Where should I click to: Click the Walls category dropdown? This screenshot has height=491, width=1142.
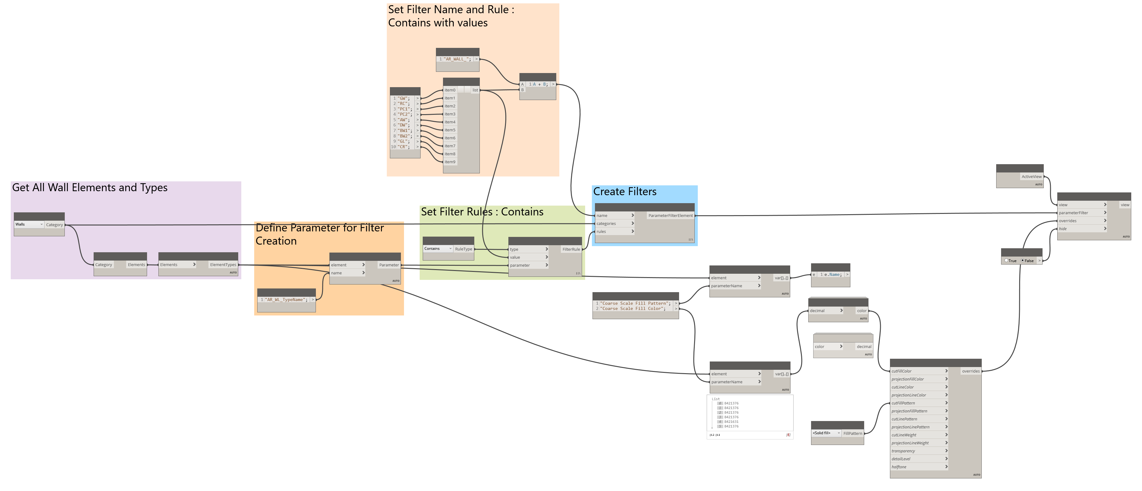(29, 224)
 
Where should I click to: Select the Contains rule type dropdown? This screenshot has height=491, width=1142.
(437, 249)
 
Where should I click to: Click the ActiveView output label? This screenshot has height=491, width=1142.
(1031, 177)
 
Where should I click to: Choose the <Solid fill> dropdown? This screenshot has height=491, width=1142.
(826, 433)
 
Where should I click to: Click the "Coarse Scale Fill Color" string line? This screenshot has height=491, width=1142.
(633, 309)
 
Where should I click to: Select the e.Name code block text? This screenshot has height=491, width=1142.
(832, 275)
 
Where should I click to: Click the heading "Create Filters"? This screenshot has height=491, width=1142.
(625, 192)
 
